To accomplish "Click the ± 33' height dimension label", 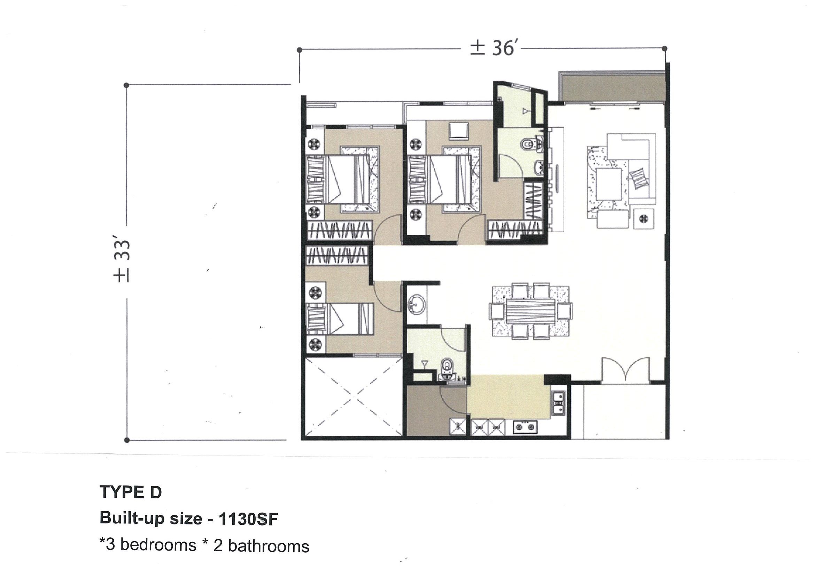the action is pyautogui.click(x=122, y=261).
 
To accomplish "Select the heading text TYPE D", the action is pyautogui.click(x=131, y=492).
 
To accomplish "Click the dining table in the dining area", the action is pyautogui.click(x=531, y=311).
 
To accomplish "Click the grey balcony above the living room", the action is pyautogui.click(x=612, y=87).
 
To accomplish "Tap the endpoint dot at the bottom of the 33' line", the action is pyautogui.click(x=127, y=441).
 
